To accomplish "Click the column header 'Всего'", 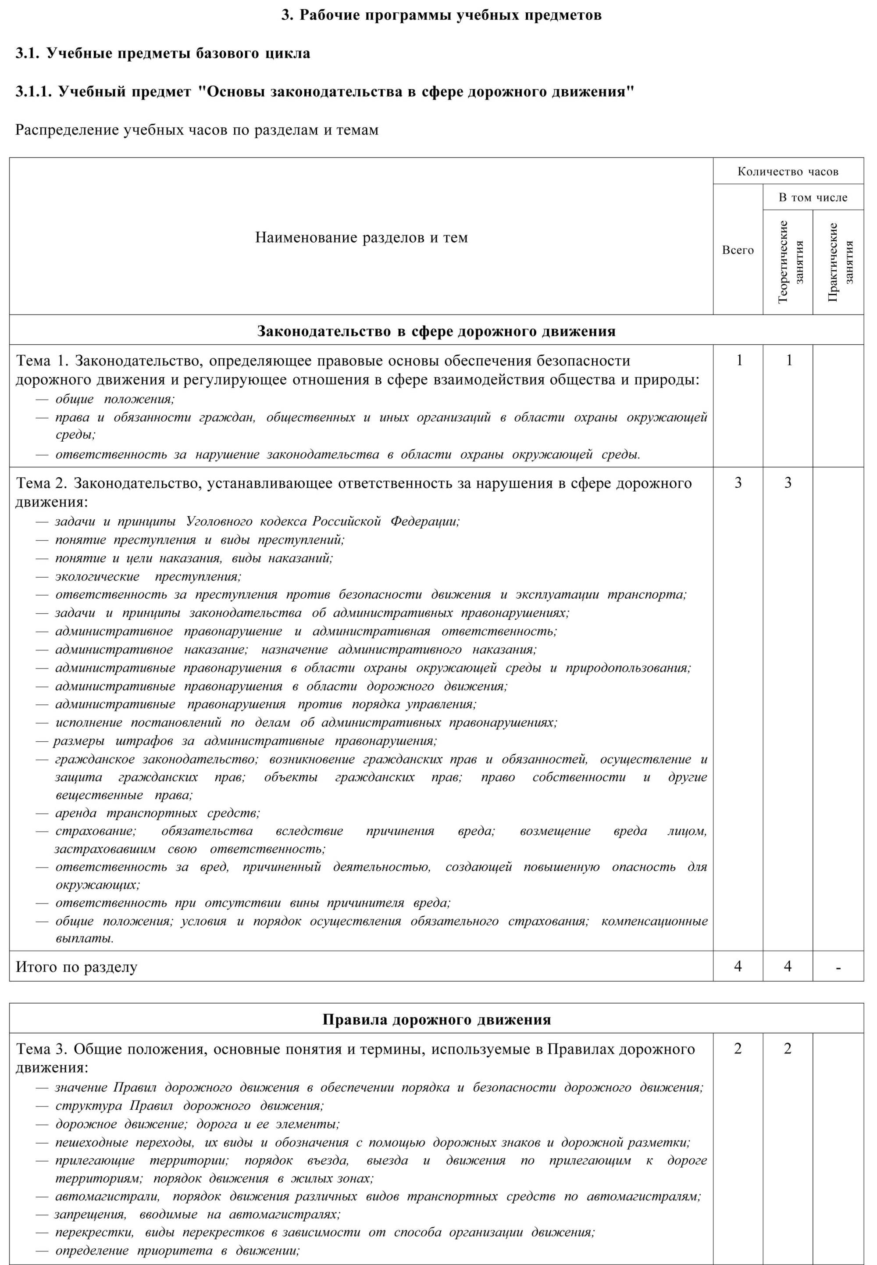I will coord(738,250).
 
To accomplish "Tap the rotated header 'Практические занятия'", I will coord(838,261).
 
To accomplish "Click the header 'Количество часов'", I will coord(788,172).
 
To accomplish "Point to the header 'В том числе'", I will coord(813,197).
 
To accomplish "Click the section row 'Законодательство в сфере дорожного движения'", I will coord(436,331).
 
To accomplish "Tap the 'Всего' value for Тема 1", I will coord(739,361).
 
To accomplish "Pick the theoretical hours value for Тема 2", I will coord(788,482).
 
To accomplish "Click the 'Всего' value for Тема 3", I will coord(738,1048).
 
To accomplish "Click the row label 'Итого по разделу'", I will coord(76,967).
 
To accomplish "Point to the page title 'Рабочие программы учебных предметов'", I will coord(441,15).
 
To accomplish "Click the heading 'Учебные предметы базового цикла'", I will coord(163,54).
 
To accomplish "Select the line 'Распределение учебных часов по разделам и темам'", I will coord(197,130).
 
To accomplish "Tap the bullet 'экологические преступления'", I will coord(148,576).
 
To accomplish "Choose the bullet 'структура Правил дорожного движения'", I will coord(189,1106).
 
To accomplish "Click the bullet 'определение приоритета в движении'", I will coord(177,1251).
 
